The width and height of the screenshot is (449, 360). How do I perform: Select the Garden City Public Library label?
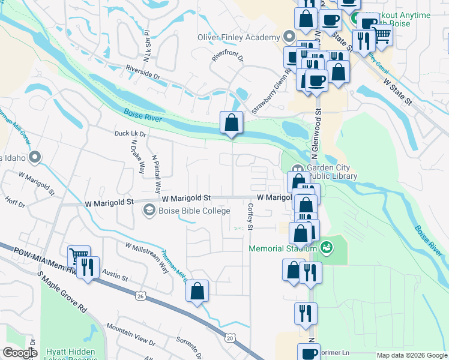click(x=332, y=172)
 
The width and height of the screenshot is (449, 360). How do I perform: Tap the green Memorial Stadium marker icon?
click(x=327, y=247)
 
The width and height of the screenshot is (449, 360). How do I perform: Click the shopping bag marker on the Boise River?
click(x=231, y=124)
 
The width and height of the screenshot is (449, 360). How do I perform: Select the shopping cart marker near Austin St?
click(x=79, y=256)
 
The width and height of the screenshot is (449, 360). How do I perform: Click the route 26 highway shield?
click(x=140, y=296)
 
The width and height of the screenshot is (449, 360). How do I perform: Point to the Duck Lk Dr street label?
click(x=130, y=133)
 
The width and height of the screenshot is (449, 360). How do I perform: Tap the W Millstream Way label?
click(x=147, y=257)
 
